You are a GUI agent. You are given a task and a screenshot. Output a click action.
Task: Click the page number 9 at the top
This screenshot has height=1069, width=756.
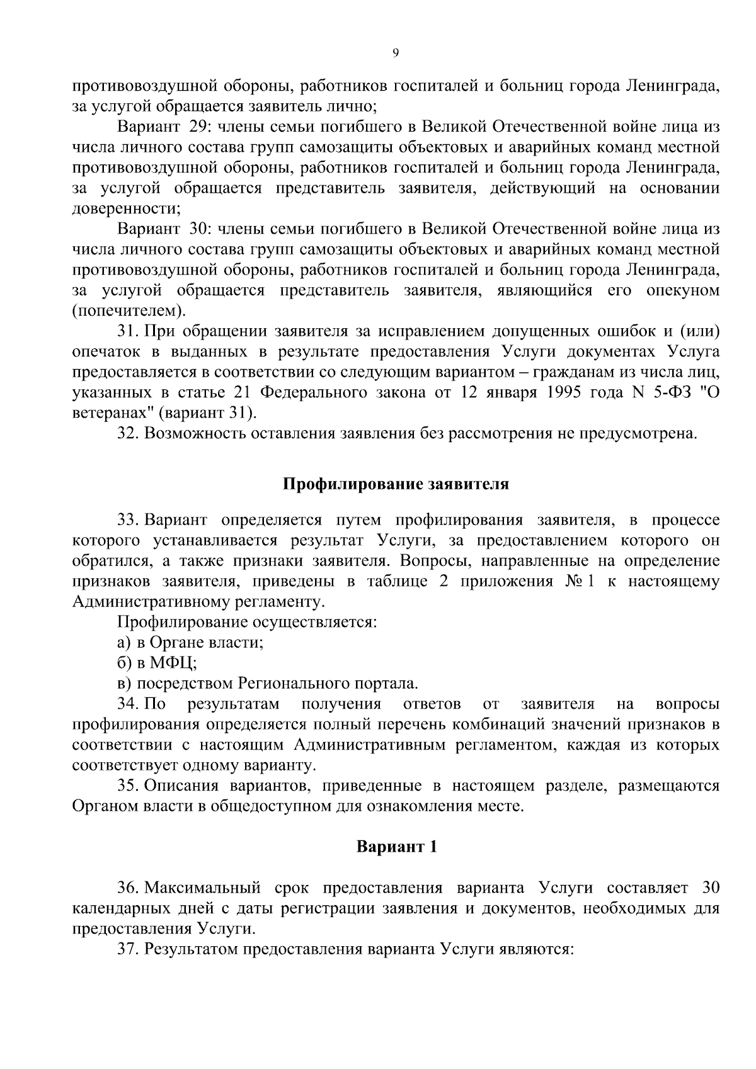tap(395, 54)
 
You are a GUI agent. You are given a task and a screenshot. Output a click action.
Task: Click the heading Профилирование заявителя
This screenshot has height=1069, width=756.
tap(395, 484)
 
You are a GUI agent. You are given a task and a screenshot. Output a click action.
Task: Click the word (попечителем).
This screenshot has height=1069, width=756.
tap(129, 311)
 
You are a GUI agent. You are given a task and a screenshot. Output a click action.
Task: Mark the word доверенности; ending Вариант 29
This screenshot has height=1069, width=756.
tap(127, 209)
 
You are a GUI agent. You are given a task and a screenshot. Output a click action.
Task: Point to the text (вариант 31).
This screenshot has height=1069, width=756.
tap(208, 413)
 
